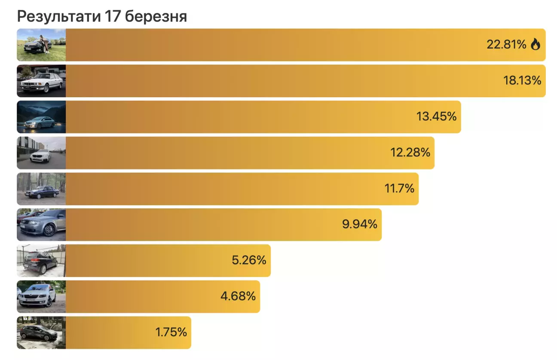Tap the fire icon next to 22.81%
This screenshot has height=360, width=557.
pos(535,44)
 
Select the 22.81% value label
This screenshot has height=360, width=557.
pos(506,44)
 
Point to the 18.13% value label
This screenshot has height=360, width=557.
pos(522,80)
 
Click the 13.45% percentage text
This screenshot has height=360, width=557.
pos(436,116)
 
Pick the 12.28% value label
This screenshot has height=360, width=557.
pos(410,152)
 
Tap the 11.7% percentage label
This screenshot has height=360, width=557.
pos(399,188)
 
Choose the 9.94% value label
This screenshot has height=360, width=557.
pos(360,224)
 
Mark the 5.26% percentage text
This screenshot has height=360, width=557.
pos(249,260)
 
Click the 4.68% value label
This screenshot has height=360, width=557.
pos(238,296)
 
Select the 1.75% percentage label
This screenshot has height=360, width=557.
pos(171,332)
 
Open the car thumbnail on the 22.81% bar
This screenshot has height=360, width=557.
pos(41,45)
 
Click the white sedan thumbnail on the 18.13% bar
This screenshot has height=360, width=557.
pos(41,81)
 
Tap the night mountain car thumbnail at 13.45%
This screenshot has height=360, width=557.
pos(41,117)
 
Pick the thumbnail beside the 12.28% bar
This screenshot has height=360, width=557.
pos(41,153)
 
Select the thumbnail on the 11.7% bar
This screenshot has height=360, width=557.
pos(41,189)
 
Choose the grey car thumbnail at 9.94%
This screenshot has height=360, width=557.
pos(41,225)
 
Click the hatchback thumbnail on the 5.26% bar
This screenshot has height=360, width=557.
pos(41,261)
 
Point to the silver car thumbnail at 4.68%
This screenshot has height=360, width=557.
pos(41,297)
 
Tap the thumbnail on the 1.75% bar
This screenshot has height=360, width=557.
pos(41,332)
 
